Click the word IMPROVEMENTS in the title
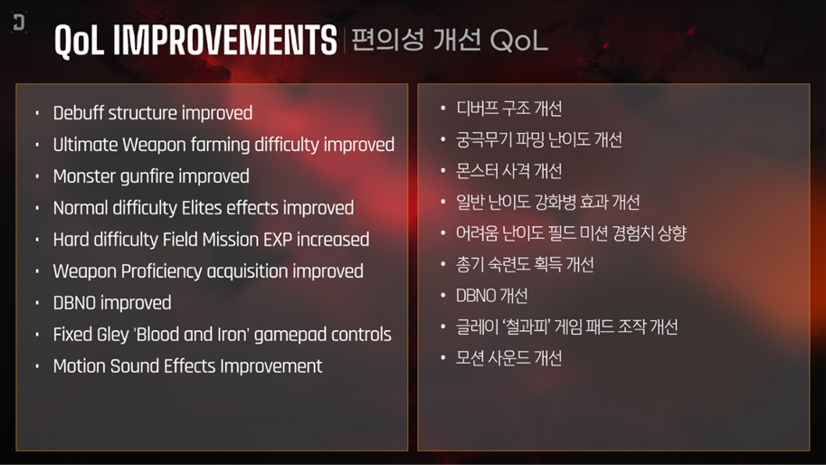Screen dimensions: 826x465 (x=225, y=40)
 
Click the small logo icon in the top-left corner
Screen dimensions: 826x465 (x=19, y=22)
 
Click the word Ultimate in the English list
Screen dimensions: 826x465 (x=85, y=144)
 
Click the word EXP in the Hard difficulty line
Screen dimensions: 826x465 (x=278, y=240)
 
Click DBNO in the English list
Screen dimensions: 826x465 (x=74, y=303)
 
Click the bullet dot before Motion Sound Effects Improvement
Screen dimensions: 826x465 (x=37, y=366)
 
